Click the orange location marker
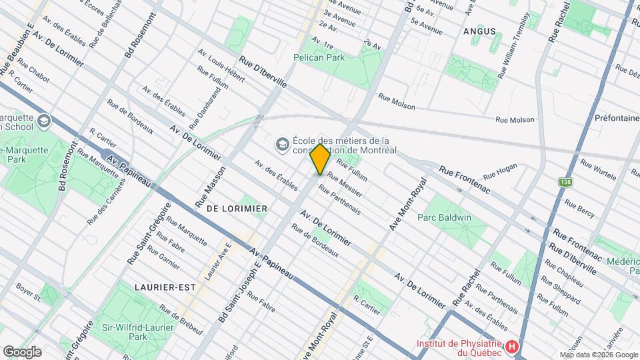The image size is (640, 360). pyautogui.click(x=320, y=159)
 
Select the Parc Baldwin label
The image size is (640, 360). pyautogui.click(x=444, y=217)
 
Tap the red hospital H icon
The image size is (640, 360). pyautogui.click(x=511, y=347)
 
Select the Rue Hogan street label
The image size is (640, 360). pyautogui.click(x=500, y=174)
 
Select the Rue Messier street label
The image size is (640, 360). pyautogui.click(x=345, y=181)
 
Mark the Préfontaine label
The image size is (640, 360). pyautogui.click(x=617, y=117)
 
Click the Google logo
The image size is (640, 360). pyautogui.click(x=22, y=351)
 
